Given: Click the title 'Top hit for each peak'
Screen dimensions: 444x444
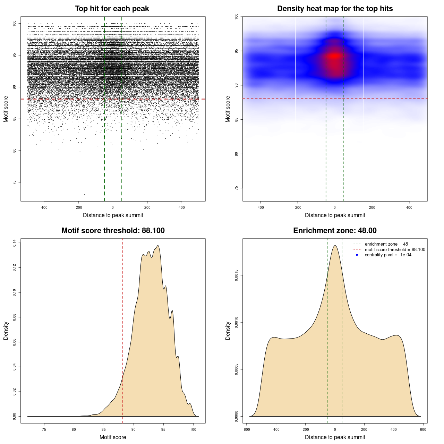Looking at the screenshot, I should point(112,9).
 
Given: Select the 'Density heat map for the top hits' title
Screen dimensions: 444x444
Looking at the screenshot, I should point(335,9).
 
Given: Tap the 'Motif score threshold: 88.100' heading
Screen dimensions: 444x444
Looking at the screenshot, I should point(113,231).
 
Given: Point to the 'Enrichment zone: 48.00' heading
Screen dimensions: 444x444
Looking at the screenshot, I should point(335,231).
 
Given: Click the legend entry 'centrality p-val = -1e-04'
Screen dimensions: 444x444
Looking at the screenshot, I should point(388,255).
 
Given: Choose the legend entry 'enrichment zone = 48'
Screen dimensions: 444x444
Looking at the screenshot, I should point(386,244).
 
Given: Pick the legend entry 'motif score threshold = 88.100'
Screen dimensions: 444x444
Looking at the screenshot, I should point(395,250).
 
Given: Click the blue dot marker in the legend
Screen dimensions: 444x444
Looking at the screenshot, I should point(357,255).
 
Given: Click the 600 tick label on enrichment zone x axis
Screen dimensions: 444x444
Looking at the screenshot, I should point(423,429).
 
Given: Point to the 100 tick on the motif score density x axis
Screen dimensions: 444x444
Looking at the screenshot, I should point(193,429).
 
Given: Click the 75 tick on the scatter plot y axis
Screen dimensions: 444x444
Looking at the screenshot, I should point(15,182).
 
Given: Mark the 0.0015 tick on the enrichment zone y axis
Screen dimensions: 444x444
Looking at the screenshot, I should point(237,275).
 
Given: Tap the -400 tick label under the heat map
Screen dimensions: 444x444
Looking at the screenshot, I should point(260,207).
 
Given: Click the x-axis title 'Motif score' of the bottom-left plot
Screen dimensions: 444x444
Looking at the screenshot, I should point(113,437).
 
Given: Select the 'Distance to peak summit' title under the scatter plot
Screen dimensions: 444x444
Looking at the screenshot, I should point(113,215).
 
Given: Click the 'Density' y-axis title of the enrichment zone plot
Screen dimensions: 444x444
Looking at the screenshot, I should point(228,331).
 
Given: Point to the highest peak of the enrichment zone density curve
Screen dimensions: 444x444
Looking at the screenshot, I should point(335,246).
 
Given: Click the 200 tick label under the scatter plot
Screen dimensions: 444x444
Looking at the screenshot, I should point(147,207).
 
